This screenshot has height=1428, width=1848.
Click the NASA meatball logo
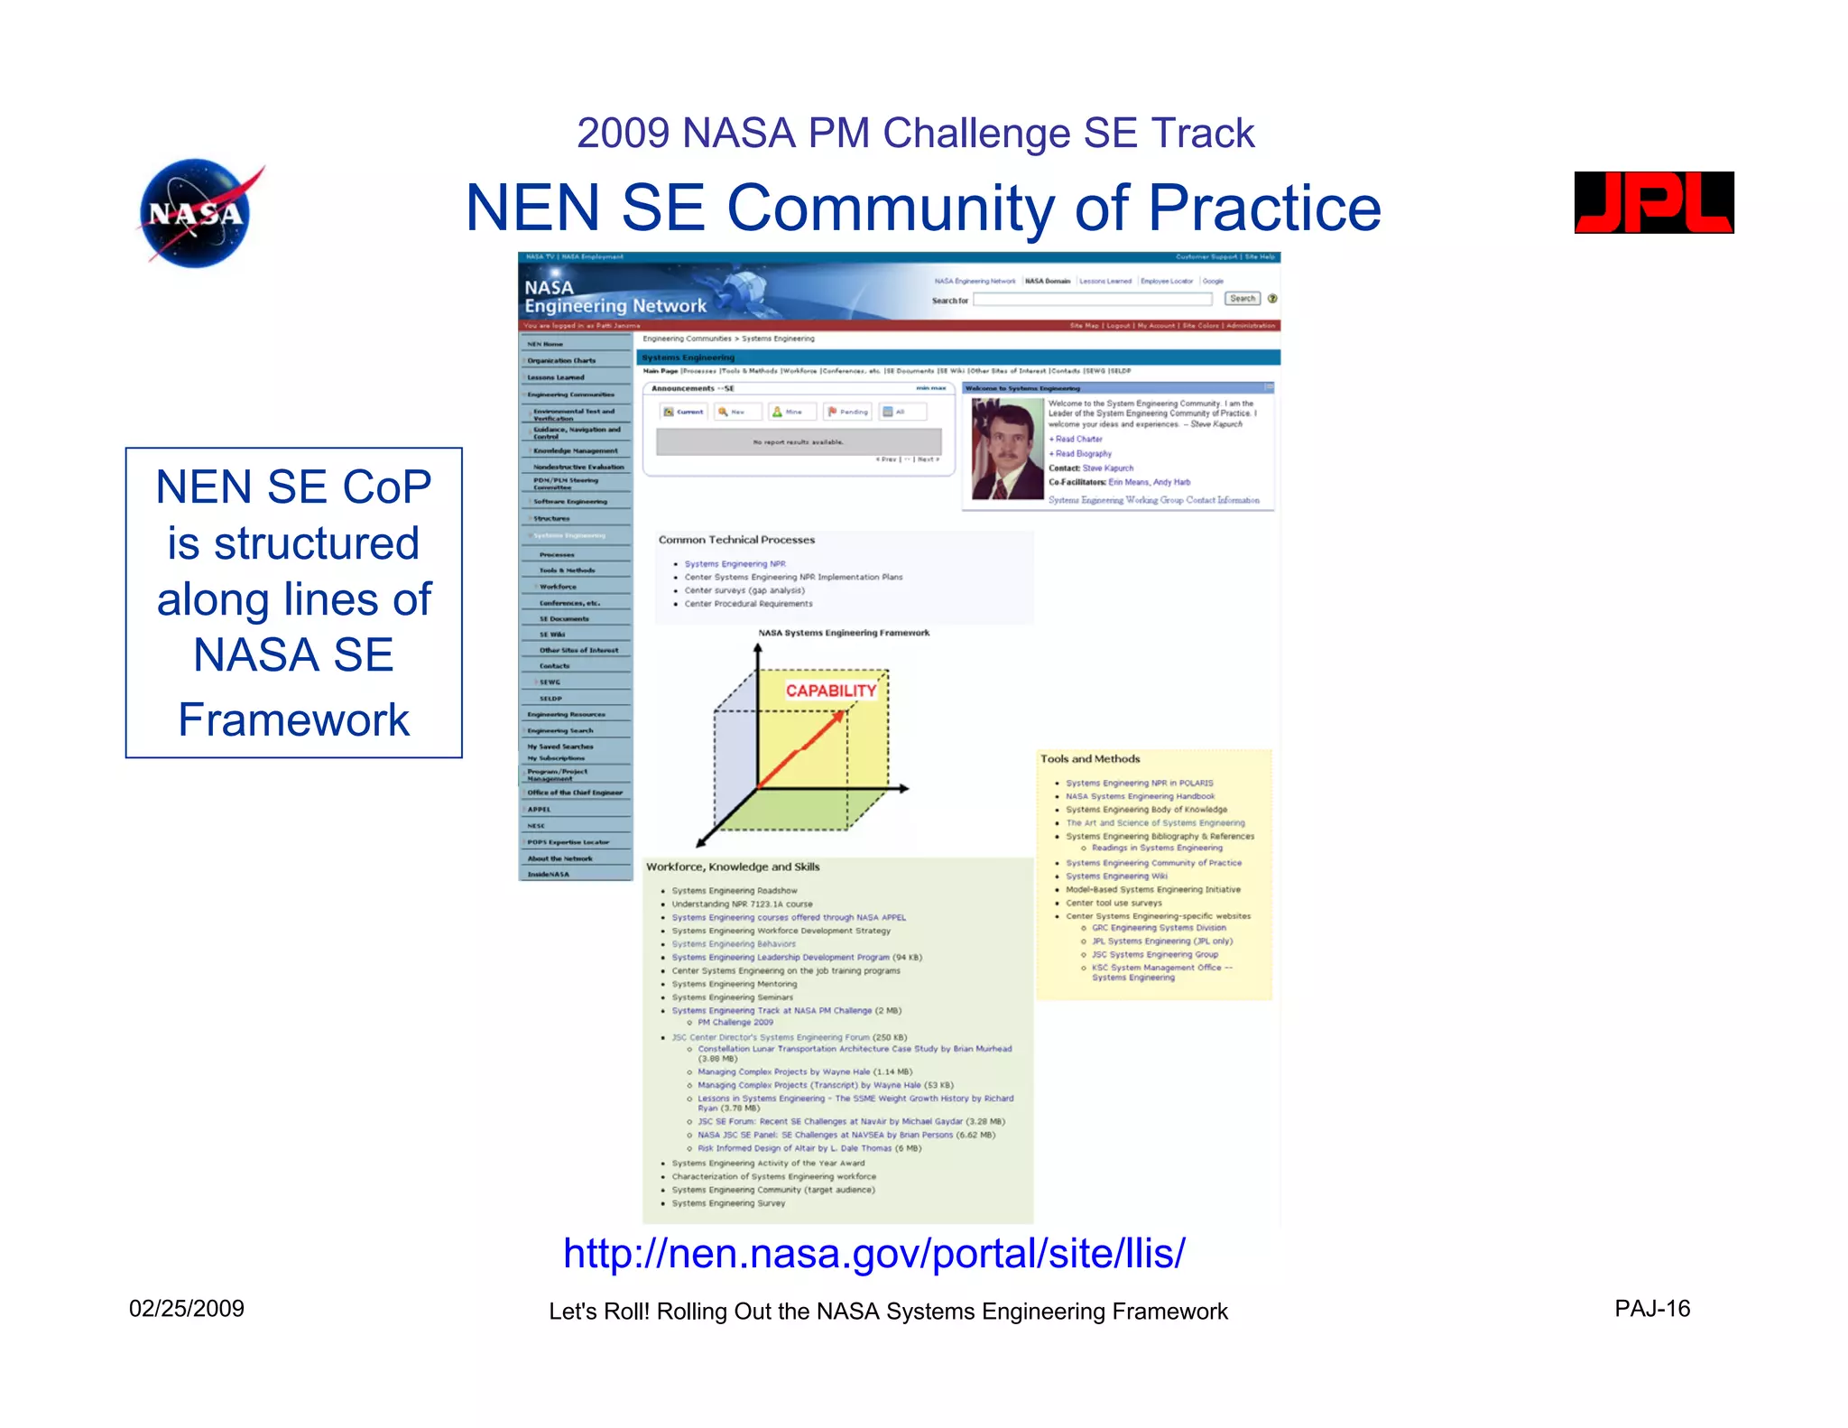197,213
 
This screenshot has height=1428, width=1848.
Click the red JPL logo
1653,202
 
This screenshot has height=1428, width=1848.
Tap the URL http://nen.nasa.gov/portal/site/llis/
873,1253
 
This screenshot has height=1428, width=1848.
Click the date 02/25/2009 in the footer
187,1309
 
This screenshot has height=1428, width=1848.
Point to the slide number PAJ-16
1651,1309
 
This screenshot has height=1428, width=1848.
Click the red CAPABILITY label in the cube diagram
830,691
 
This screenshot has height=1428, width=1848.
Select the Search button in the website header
1242,299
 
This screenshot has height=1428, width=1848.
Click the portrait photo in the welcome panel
1007,449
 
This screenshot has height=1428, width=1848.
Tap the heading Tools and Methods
1090,759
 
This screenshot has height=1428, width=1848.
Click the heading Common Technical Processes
736,540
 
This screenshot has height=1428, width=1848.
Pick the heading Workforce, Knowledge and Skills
733,867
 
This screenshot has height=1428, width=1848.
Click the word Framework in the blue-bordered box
293,719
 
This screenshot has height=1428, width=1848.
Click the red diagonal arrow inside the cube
800,749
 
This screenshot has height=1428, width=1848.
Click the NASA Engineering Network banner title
615,297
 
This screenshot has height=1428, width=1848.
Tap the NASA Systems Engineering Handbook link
1140,796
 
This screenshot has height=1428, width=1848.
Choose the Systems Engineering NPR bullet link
735,564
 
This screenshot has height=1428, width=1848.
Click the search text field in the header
1092,300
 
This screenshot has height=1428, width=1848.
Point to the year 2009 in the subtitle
623,134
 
